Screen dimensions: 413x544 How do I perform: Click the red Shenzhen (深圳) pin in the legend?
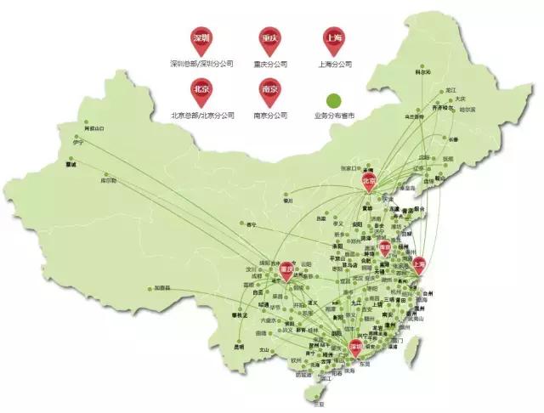(x=201, y=39)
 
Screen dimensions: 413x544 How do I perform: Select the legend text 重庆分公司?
(x=270, y=64)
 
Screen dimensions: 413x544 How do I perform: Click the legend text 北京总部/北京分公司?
(x=201, y=114)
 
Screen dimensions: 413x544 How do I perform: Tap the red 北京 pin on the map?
(x=369, y=182)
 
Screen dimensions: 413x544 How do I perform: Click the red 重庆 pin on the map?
(x=286, y=271)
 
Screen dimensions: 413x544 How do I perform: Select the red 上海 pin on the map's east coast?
(x=417, y=265)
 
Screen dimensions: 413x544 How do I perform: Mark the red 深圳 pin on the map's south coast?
(x=356, y=347)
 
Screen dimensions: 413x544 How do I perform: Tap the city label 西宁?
(x=250, y=225)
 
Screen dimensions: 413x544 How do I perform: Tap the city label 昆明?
(x=237, y=347)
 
